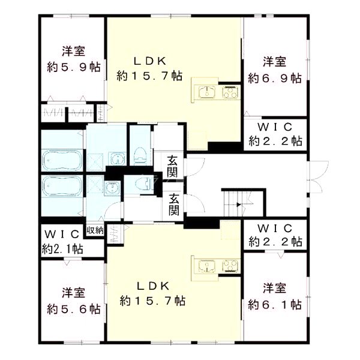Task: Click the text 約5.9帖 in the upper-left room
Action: click(x=73, y=67)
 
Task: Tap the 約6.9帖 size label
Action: click(x=275, y=78)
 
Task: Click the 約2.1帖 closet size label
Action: click(x=62, y=248)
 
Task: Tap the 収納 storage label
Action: click(x=95, y=230)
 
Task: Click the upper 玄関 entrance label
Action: click(x=173, y=166)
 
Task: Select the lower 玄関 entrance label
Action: click(x=173, y=205)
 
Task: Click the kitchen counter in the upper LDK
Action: click(x=215, y=92)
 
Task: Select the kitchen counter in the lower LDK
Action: click(x=215, y=265)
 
